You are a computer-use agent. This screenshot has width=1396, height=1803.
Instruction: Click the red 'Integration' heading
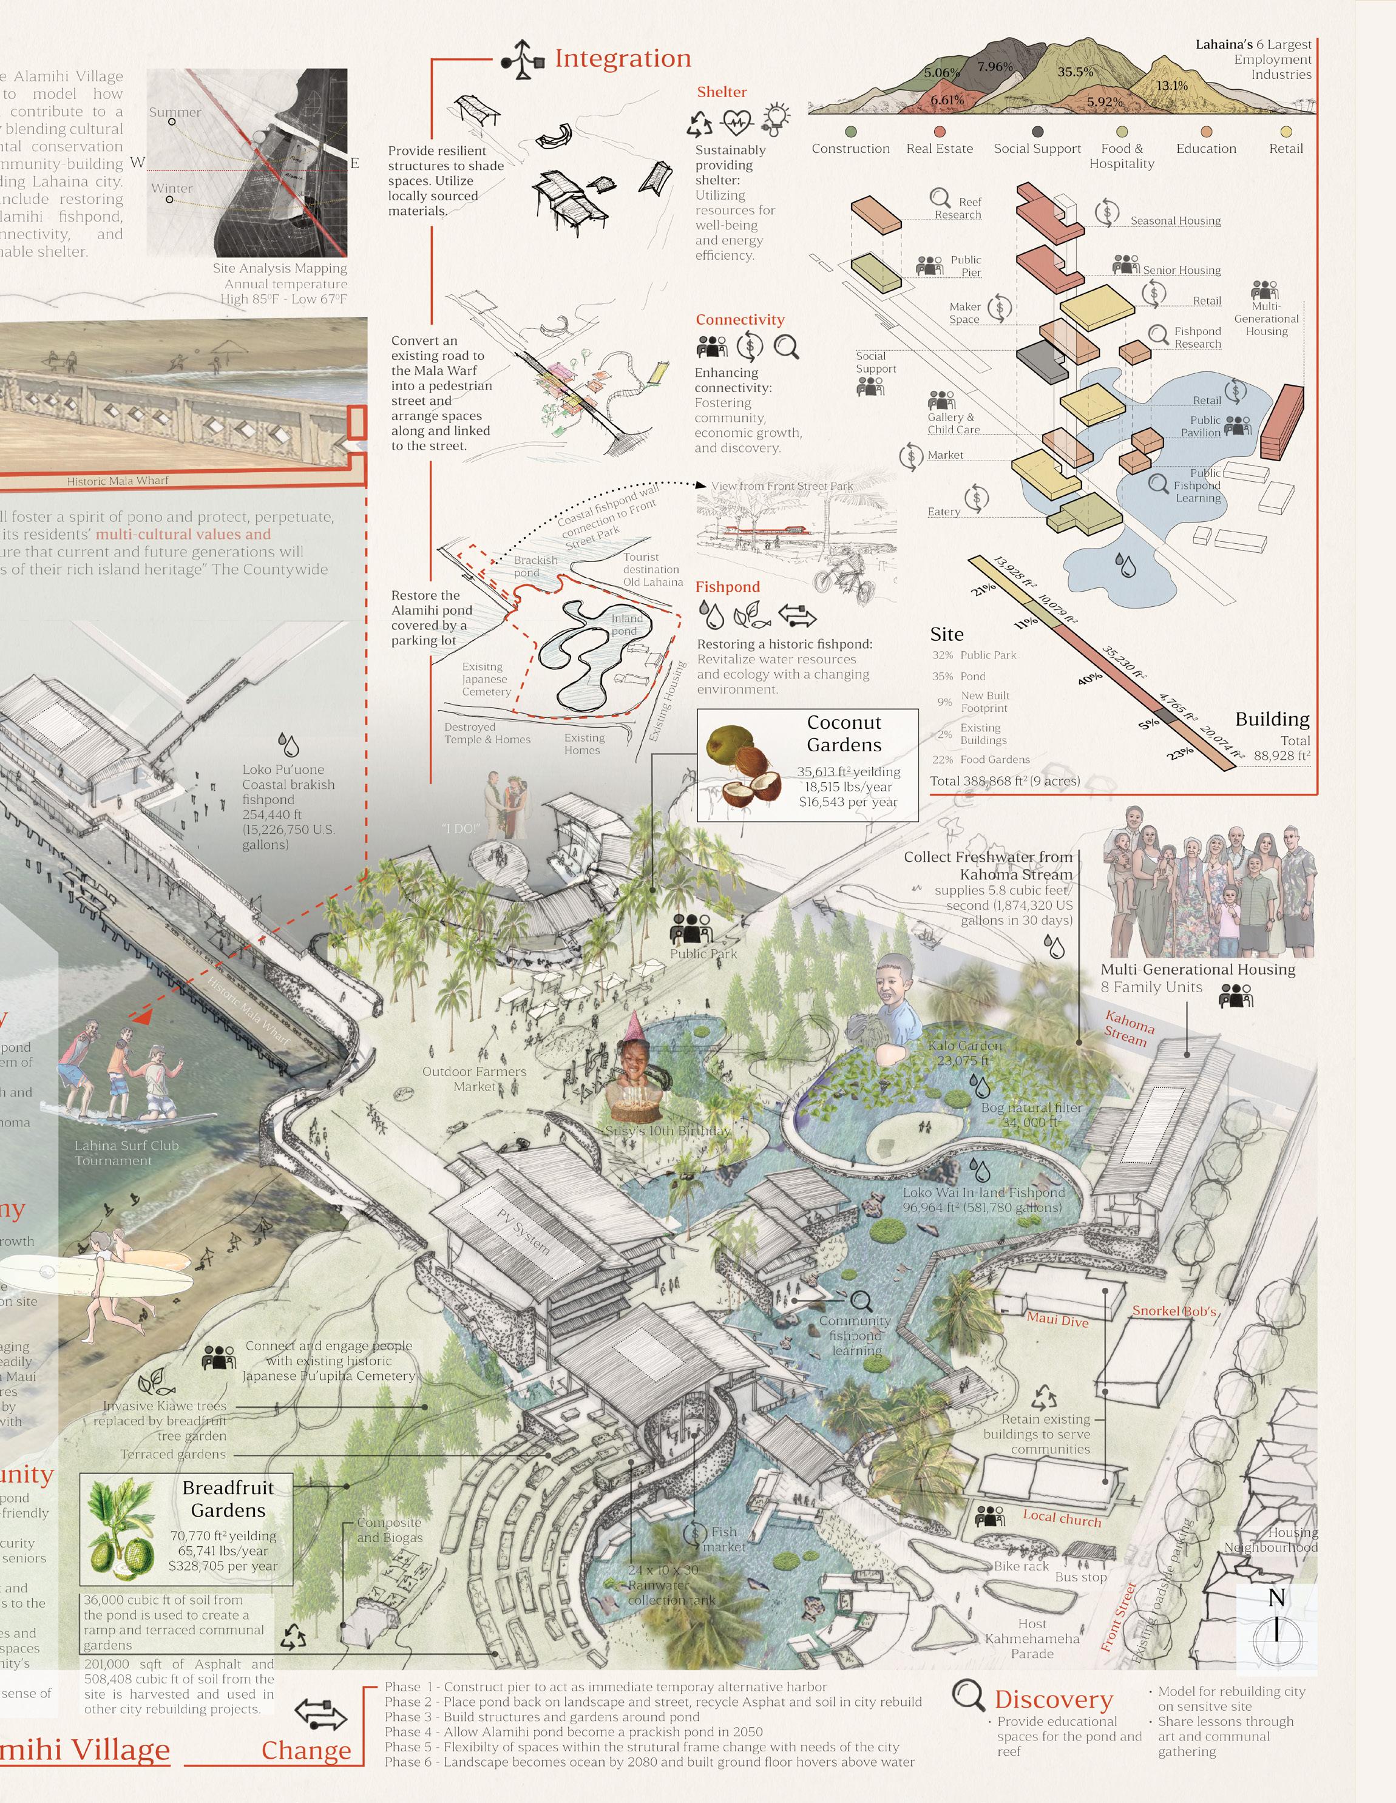(623, 59)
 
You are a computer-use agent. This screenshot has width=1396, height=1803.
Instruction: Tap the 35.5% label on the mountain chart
(1075, 72)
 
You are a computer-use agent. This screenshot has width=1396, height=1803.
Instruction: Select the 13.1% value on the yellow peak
(1171, 86)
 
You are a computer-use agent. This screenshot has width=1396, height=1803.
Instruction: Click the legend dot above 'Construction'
(850, 131)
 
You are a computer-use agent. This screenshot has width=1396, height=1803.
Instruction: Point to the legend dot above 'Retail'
(1286, 131)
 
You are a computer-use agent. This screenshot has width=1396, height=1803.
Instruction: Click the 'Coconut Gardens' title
(844, 733)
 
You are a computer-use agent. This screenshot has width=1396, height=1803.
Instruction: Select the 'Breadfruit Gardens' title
(228, 1498)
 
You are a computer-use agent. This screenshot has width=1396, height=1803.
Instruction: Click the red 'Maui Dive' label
(1057, 1319)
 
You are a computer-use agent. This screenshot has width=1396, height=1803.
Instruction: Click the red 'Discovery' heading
(1054, 1699)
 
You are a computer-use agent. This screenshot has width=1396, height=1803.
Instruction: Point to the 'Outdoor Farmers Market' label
(474, 1078)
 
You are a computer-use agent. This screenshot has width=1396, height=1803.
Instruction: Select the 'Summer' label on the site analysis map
(175, 112)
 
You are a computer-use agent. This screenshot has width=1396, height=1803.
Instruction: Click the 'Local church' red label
(1062, 1517)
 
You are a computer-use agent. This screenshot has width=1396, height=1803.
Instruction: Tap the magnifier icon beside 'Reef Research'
(940, 197)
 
